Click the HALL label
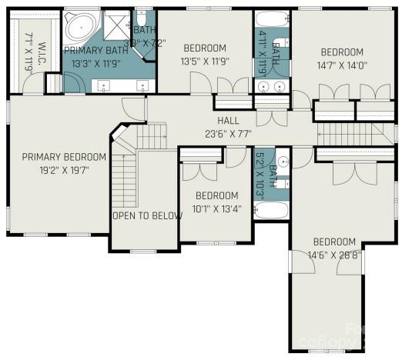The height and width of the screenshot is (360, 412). click(x=228, y=121)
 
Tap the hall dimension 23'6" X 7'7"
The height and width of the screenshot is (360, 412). click(x=228, y=134)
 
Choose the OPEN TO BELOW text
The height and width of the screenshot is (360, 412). click(x=147, y=215)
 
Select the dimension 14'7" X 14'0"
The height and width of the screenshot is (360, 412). click(x=343, y=65)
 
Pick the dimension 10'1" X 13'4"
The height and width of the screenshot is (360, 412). click(x=216, y=208)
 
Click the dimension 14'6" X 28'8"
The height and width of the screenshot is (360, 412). click(x=334, y=255)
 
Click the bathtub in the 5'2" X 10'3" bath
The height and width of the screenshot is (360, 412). click(x=271, y=209)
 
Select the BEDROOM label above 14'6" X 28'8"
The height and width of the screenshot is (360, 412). click(x=334, y=242)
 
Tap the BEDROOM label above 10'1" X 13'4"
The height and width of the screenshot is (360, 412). click(x=216, y=195)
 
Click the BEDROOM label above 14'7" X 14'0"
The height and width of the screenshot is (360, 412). click(x=343, y=52)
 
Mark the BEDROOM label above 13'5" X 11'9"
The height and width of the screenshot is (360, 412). click(x=205, y=48)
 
